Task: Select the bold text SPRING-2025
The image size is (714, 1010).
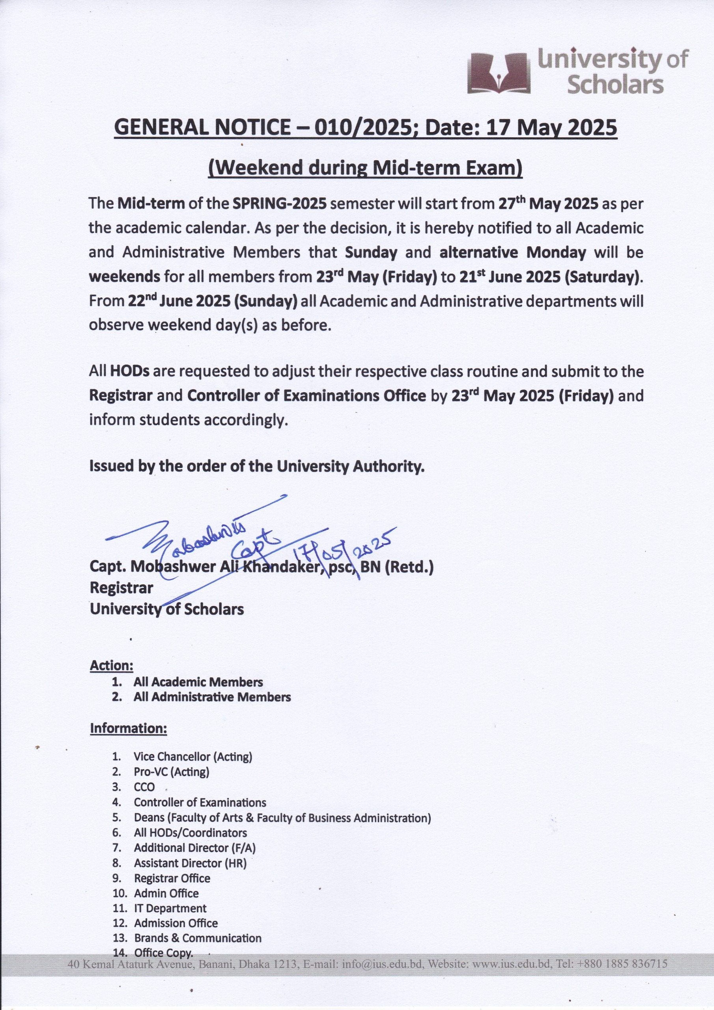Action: (x=279, y=204)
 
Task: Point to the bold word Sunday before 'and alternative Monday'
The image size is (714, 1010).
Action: (x=371, y=252)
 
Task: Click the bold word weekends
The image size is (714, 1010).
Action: (x=125, y=277)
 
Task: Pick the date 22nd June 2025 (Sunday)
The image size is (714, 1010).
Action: (x=213, y=301)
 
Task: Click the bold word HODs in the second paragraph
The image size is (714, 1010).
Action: (x=130, y=371)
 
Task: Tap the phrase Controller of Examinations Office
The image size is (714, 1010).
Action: (x=307, y=396)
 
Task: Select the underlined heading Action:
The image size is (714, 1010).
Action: (x=111, y=666)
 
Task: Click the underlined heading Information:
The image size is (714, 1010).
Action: (x=129, y=728)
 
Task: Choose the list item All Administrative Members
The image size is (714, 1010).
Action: (x=212, y=697)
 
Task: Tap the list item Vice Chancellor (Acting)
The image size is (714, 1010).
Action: (x=193, y=757)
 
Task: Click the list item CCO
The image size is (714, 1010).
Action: (x=144, y=787)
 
